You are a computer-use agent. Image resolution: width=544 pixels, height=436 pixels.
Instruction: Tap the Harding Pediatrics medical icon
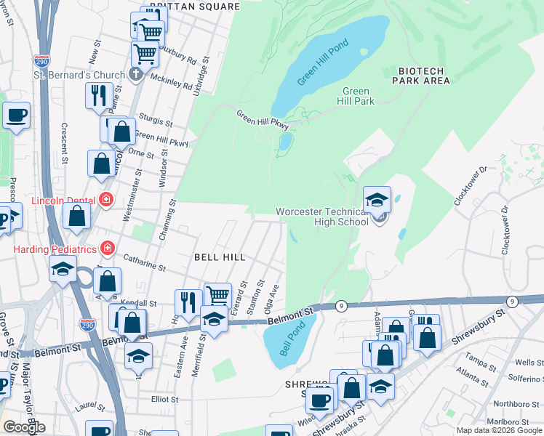[108, 249]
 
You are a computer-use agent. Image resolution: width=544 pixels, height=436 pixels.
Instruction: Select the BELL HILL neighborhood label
[219, 257]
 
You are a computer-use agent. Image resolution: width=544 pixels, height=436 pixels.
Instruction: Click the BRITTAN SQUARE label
[194, 7]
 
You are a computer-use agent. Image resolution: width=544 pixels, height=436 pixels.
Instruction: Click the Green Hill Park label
[359, 96]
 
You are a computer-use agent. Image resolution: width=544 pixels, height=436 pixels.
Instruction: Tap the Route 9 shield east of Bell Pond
[341, 306]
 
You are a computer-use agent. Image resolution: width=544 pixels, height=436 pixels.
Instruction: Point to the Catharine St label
[145, 262]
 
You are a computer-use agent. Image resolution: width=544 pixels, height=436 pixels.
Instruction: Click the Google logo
[24, 427]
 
